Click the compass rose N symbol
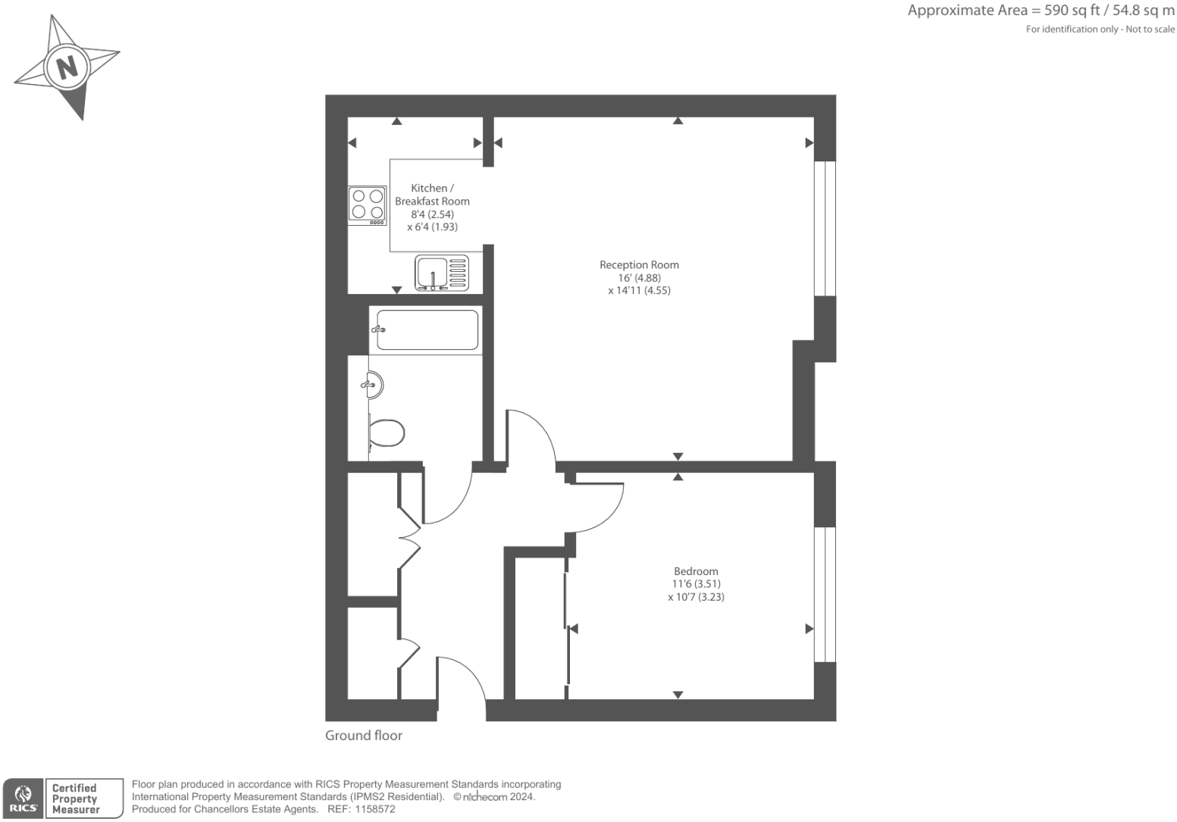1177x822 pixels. [x=67, y=67]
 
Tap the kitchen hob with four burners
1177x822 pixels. [x=367, y=205]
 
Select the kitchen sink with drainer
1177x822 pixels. [x=442, y=273]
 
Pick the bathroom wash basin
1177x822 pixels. [x=373, y=385]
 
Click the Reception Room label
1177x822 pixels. [x=639, y=264]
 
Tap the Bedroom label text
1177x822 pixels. [x=696, y=571]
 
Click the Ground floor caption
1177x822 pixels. [x=364, y=735]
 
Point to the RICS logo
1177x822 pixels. [x=23, y=799]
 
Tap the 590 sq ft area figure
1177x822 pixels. [x=1067, y=11]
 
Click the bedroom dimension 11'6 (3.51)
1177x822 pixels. [x=696, y=584]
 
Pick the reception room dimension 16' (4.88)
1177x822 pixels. [x=639, y=278]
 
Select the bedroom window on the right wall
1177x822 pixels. [x=825, y=594]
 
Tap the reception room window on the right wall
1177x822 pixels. [x=825, y=228]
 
